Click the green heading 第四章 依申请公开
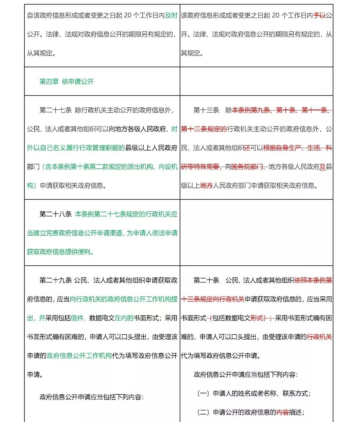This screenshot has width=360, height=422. (x=67, y=82)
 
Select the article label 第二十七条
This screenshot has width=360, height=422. (x=55, y=110)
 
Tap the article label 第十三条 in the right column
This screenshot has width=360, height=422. (x=206, y=110)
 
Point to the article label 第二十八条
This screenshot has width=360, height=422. (x=55, y=214)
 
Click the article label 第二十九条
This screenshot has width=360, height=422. (x=55, y=280)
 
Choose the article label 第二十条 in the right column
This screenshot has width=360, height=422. (x=206, y=280)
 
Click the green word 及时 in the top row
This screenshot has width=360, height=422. (x=171, y=16)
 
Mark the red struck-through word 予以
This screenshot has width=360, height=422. (x=319, y=16)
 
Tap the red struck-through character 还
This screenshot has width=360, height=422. (x=247, y=148)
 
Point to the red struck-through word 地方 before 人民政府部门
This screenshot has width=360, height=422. (x=206, y=186)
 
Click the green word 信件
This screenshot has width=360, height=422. (x=77, y=318)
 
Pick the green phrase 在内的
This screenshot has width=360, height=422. (x=124, y=318)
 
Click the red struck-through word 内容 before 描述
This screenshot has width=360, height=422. (x=283, y=412)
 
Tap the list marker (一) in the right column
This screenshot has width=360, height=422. (x=203, y=394)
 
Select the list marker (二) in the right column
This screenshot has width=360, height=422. (x=203, y=412)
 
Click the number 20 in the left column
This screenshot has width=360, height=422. (x=128, y=16)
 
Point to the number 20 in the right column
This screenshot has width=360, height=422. (x=276, y=16)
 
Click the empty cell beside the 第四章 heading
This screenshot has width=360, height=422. (x=256, y=82)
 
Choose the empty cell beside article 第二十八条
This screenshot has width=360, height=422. (x=256, y=233)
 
